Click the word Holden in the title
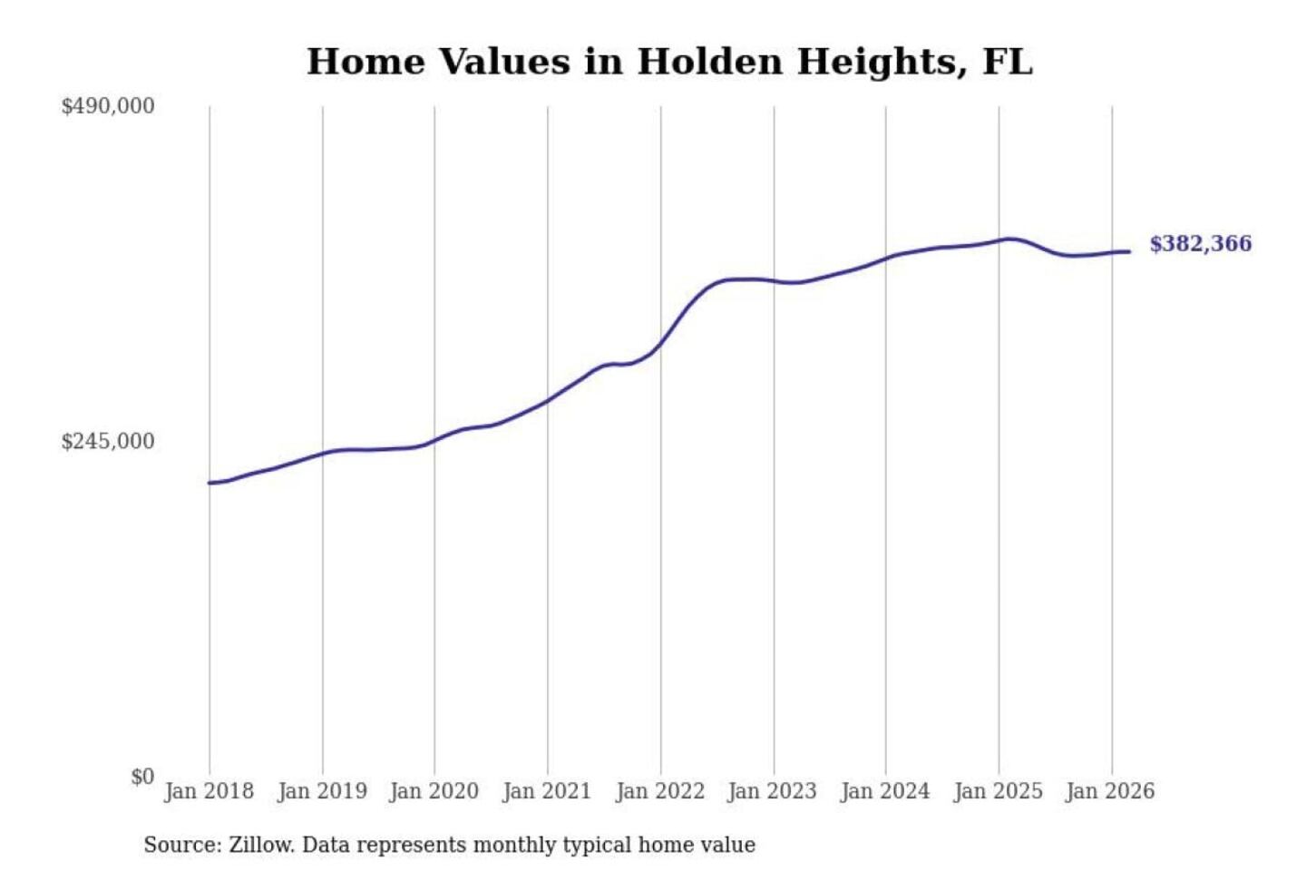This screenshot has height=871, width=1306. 710,62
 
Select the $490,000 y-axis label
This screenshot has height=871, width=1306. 107,106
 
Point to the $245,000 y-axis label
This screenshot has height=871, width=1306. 107,442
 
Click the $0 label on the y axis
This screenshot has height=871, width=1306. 141,777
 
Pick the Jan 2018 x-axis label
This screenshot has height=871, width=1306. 209,791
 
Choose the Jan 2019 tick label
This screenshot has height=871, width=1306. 322,791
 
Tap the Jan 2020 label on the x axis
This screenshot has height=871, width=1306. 434,791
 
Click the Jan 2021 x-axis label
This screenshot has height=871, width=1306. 547,791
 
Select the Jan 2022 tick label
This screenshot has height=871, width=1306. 660,791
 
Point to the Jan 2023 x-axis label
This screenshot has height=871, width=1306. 773,791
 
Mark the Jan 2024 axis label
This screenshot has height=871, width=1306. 885,791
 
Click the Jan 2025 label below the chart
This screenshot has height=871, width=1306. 999,791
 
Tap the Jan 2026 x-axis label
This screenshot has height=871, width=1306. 1110,791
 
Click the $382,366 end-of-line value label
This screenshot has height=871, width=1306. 1200,244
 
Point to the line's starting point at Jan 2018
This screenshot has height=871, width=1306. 210,483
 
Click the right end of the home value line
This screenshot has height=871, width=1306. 1129,251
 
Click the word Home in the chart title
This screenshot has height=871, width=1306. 365,62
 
